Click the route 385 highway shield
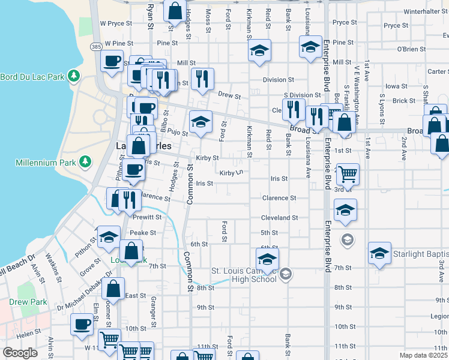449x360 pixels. pos(96,46)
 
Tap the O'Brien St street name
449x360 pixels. pos(411,49)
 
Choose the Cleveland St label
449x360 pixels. pos(279,218)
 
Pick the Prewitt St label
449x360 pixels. pos(148,217)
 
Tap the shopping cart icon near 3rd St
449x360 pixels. pos(348,174)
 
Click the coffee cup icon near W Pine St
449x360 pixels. pos(112,61)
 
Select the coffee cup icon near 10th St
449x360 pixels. pos(82,324)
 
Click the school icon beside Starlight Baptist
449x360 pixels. pos(379,253)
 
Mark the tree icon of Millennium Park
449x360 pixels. pos(85,161)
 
